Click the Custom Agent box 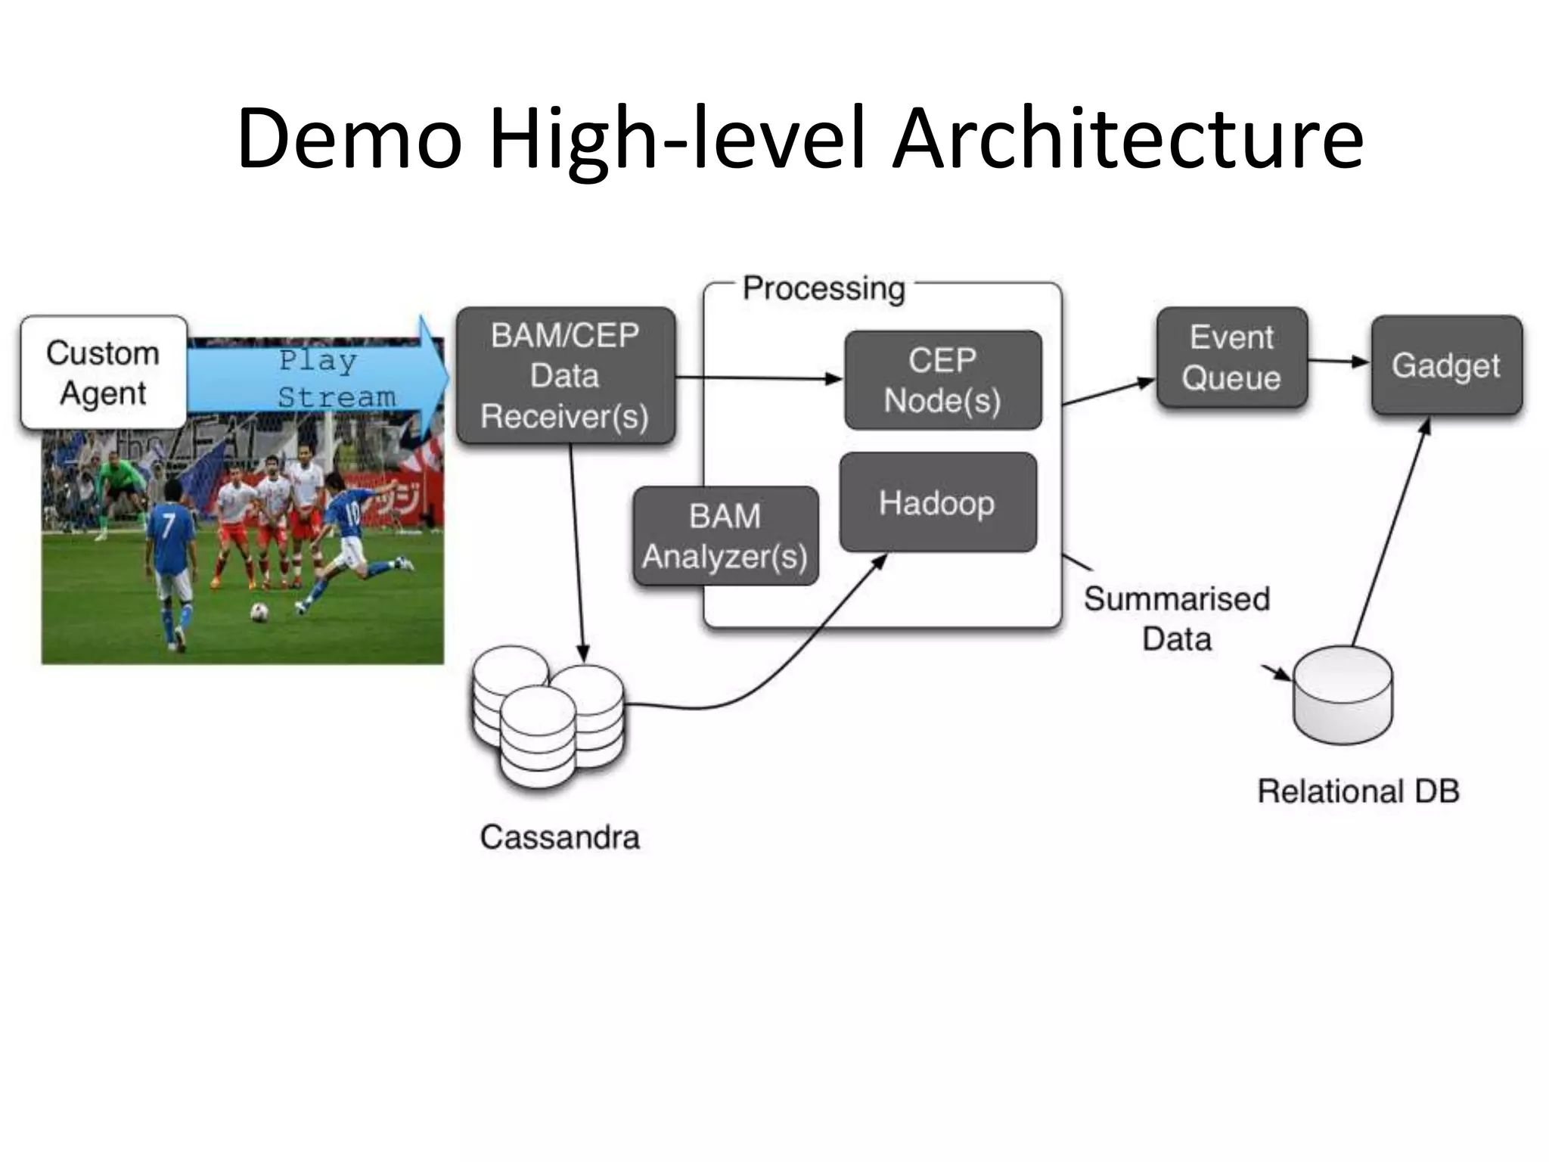(x=104, y=372)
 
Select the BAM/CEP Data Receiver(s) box (x=565, y=376)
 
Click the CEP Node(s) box (x=942, y=380)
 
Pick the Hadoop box (x=937, y=502)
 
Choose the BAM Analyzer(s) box (x=725, y=536)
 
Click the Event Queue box (x=1231, y=358)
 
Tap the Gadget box (x=1445, y=365)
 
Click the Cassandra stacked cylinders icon (x=548, y=715)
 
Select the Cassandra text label (x=560, y=837)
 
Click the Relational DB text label (x=1358, y=791)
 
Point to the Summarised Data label (x=1176, y=619)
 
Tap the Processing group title (x=824, y=288)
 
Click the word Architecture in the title (x=1127, y=139)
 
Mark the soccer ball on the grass (x=259, y=611)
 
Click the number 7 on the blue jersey (x=168, y=524)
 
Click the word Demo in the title (x=349, y=139)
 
